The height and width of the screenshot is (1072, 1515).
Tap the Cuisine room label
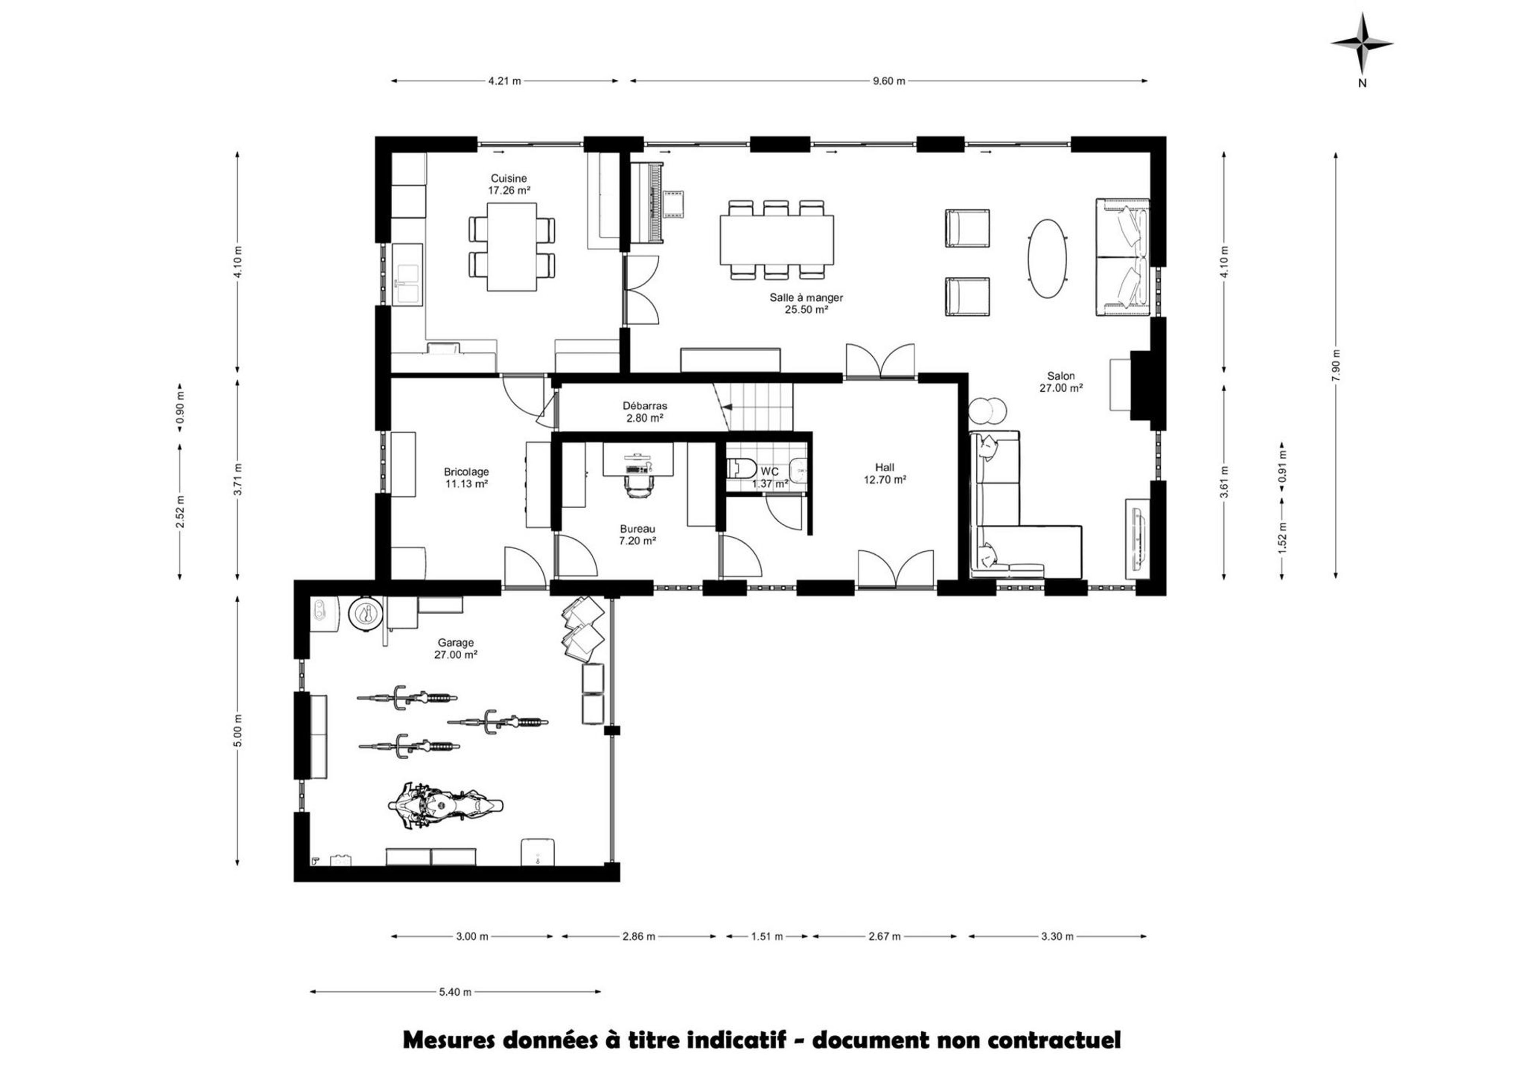click(508, 178)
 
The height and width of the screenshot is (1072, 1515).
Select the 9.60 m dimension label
click(888, 81)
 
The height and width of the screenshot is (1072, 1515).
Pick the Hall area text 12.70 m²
click(885, 480)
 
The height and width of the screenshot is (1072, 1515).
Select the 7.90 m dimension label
click(1336, 365)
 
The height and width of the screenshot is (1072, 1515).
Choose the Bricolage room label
click(466, 472)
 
